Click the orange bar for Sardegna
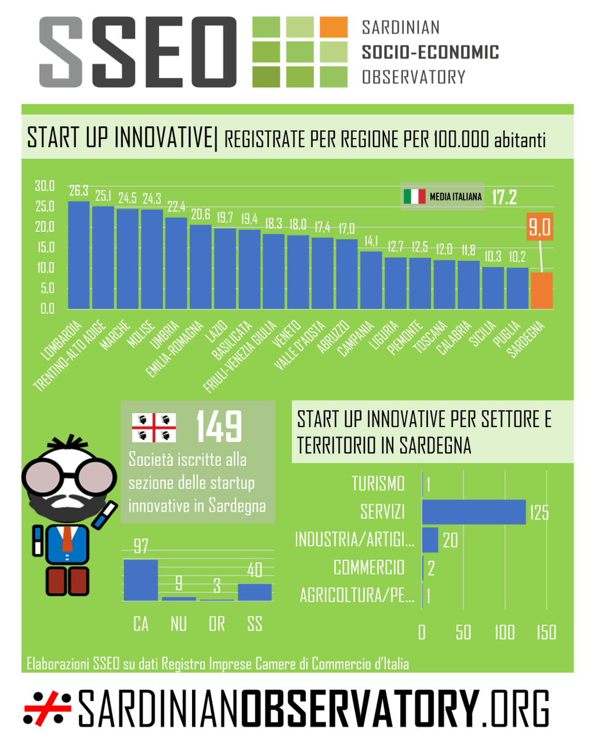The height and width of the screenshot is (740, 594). click(x=541, y=290)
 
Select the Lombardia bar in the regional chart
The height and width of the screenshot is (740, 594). click(x=78, y=255)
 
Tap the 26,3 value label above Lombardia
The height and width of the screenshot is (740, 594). click(x=78, y=191)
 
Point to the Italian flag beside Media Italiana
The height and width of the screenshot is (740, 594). click(x=414, y=197)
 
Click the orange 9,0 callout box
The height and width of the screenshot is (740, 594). click(x=538, y=226)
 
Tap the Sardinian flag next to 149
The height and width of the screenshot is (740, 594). click(x=154, y=426)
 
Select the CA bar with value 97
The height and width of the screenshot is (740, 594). click(x=141, y=580)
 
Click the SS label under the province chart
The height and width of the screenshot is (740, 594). click(x=254, y=624)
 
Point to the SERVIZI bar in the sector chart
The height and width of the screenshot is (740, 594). click(x=474, y=512)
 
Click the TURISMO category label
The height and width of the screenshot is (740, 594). click(x=379, y=483)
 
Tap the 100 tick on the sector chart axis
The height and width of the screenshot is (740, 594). click(x=505, y=633)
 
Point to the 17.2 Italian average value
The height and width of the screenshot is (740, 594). click(x=504, y=197)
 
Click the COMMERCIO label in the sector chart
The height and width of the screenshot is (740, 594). click(x=369, y=567)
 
